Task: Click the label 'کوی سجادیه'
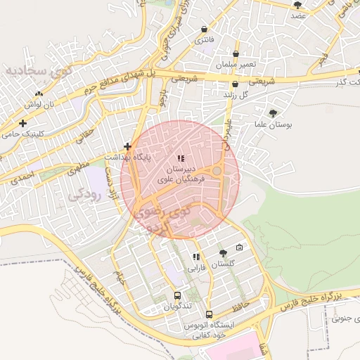pos(37,70)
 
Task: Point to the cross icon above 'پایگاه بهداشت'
pos(127,147)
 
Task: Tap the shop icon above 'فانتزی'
pos(204,30)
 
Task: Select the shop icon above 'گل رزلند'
pos(235,84)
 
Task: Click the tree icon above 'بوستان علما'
pos(273,112)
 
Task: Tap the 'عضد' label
pos(298,15)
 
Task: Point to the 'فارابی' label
pos(195,269)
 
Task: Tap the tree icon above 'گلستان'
pos(223,253)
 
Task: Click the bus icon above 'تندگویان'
pos(177,296)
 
